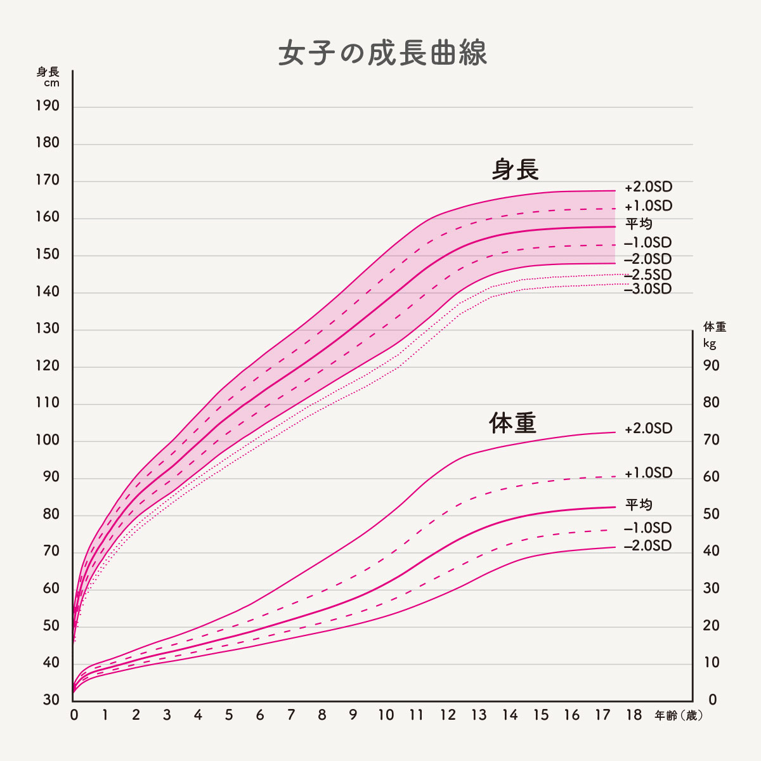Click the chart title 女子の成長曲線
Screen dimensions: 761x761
(x=382, y=54)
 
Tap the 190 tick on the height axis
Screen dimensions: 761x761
(x=48, y=106)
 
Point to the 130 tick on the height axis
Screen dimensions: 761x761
(x=48, y=328)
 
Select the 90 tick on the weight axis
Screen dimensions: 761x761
(x=712, y=366)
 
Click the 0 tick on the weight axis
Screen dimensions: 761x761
(x=712, y=700)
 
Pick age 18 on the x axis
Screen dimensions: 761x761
(x=634, y=715)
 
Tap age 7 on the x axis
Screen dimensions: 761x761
(x=291, y=715)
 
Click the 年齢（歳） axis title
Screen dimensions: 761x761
(x=679, y=715)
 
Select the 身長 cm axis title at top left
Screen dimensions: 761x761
(x=48, y=77)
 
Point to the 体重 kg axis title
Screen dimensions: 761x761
(x=715, y=334)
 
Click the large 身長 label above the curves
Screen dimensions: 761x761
(x=515, y=169)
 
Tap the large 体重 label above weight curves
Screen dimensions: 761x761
(x=512, y=423)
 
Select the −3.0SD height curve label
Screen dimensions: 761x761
(x=647, y=289)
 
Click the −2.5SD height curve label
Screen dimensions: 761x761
(x=647, y=275)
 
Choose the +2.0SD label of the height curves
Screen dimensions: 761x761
(x=648, y=188)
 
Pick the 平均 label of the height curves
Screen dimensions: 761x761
(x=639, y=224)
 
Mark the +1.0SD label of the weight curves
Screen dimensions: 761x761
(x=648, y=473)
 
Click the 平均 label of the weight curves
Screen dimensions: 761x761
(x=639, y=505)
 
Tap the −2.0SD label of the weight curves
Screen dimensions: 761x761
(x=647, y=546)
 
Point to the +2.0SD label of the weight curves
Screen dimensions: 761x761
(x=648, y=429)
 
